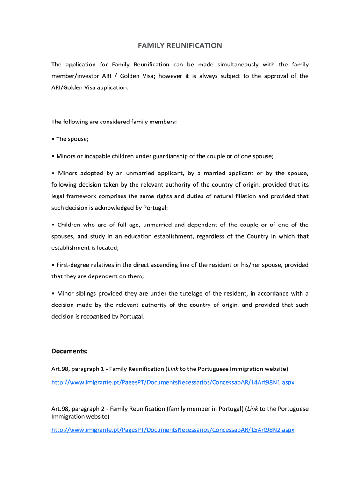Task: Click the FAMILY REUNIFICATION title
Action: [x=180, y=45]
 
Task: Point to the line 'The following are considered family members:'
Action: [x=114, y=122]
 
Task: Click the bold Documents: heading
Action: [x=70, y=351]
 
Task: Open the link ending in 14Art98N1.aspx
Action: [x=173, y=382]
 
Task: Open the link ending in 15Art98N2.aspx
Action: [x=173, y=430]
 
